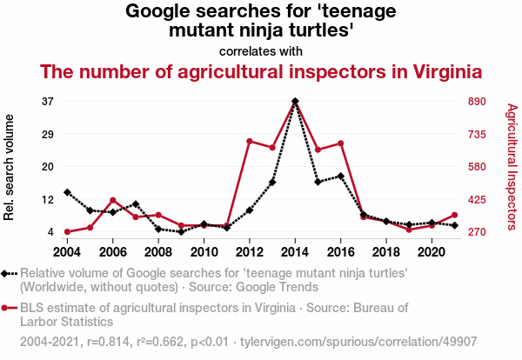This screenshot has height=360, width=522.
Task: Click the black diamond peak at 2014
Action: tap(295, 102)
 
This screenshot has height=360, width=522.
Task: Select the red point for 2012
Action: tap(250, 141)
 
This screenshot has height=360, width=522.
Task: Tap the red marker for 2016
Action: tap(340, 143)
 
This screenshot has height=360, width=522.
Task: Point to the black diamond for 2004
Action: tap(67, 192)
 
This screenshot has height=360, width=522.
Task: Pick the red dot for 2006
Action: tap(113, 201)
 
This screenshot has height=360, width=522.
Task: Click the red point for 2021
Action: tap(454, 215)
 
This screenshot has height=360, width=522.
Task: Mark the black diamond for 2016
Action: tap(340, 177)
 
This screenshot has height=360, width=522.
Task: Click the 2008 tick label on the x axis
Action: tap(158, 252)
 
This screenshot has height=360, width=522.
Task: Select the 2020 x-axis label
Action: tap(432, 252)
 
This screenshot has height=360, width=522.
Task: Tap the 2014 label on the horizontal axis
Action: tap(295, 252)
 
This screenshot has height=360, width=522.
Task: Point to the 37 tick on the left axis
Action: tap(47, 102)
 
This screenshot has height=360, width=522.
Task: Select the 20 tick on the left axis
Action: tap(47, 167)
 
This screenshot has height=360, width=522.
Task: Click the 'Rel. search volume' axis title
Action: tap(10, 165)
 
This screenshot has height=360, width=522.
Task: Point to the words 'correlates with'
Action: tap(261, 50)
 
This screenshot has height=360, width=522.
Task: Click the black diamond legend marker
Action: tap(10, 274)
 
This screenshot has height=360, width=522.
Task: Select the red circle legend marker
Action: tap(10, 308)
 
